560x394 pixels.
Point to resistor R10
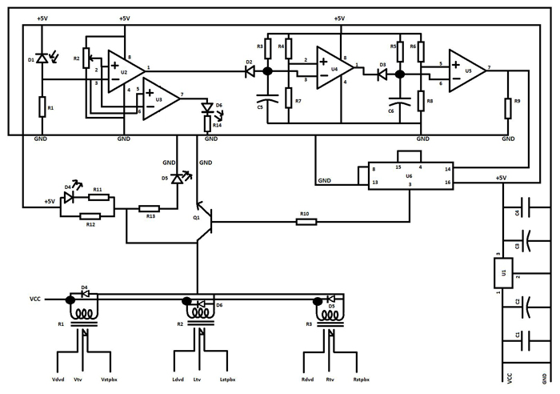(x=306, y=222)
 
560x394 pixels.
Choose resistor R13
(x=149, y=208)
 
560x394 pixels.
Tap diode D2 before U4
(x=249, y=71)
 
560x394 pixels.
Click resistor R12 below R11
(x=91, y=215)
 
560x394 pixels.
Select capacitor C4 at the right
(x=522, y=211)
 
